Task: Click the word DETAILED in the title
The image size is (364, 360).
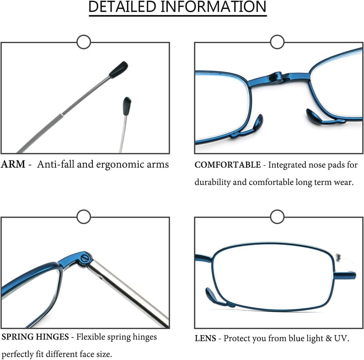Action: click(122, 7)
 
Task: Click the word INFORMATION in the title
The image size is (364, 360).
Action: click(213, 7)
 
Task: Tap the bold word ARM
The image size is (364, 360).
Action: click(13, 164)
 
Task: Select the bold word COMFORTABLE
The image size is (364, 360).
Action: click(227, 165)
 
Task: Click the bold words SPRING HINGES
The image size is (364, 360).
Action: click(35, 337)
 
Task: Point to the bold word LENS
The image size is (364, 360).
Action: click(205, 339)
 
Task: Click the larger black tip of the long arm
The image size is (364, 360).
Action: click(118, 70)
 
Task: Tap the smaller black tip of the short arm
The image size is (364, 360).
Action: click(127, 106)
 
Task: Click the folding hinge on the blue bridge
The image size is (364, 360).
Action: click(278, 77)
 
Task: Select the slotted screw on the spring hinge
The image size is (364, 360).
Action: click(85, 258)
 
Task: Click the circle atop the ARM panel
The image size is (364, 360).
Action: click(84, 42)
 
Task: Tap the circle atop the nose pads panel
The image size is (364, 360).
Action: click(277, 42)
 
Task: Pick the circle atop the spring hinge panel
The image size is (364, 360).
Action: click(84, 217)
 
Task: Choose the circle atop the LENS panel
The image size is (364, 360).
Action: click(277, 217)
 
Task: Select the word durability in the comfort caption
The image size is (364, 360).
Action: click(212, 182)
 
